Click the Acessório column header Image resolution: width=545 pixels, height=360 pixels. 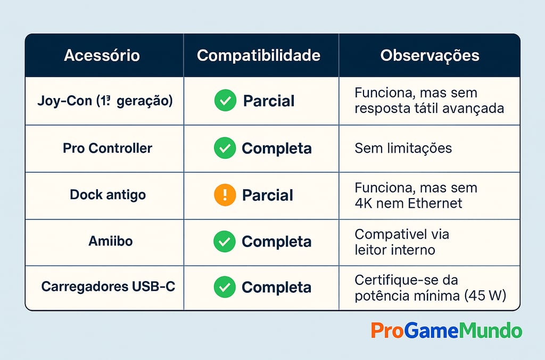point(102,56)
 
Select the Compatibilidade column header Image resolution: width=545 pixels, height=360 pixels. point(259,56)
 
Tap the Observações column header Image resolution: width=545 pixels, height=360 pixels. point(430,56)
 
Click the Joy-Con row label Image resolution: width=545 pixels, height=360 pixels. point(105,101)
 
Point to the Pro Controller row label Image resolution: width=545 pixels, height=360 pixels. point(108,148)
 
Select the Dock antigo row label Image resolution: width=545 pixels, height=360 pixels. point(108,194)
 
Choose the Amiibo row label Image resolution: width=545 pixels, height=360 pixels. point(111,241)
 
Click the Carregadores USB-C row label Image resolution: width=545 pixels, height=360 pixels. point(108,287)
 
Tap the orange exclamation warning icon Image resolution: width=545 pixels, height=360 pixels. point(225,195)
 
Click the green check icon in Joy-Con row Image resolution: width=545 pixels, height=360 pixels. point(225,101)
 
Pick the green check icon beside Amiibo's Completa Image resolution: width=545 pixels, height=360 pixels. point(224,241)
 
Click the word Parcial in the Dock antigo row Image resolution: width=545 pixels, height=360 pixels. point(267,195)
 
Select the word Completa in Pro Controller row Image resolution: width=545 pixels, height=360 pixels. point(276,149)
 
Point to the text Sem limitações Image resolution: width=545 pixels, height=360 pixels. point(403,148)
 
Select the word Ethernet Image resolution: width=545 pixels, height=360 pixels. point(435,203)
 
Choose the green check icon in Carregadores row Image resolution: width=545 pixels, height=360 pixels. point(224,287)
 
